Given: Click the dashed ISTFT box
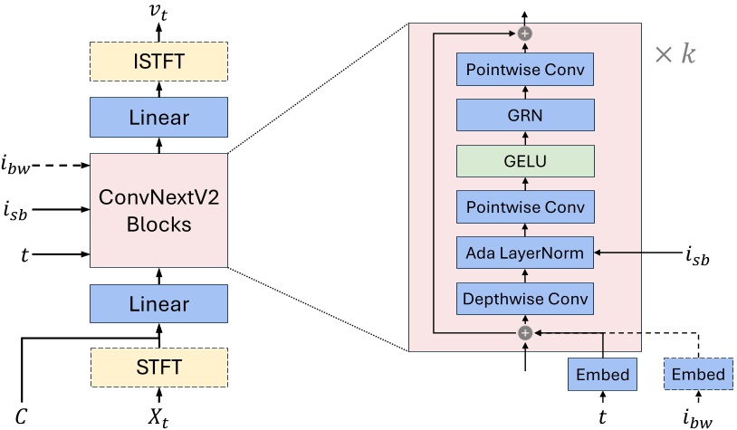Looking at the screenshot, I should [159, 61].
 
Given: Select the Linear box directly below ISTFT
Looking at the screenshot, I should [159, 118].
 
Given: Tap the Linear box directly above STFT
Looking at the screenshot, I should [159, 304].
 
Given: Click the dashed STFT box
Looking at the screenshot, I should [159, 367].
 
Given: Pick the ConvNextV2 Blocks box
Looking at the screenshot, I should [159, 210].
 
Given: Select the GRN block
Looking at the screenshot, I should [525, 115].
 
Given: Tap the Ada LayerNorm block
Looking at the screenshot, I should [525, 253].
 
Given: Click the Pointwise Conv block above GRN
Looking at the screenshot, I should [525, 69].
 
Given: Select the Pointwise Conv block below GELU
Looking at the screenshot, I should [525, 207].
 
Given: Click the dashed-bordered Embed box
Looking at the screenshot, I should [697, 374].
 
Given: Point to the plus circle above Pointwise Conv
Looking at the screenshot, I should [524, 33].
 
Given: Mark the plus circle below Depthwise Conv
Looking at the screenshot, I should [524, 333].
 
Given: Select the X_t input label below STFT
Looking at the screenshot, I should [159, 417].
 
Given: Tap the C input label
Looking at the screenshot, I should [21, 417].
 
